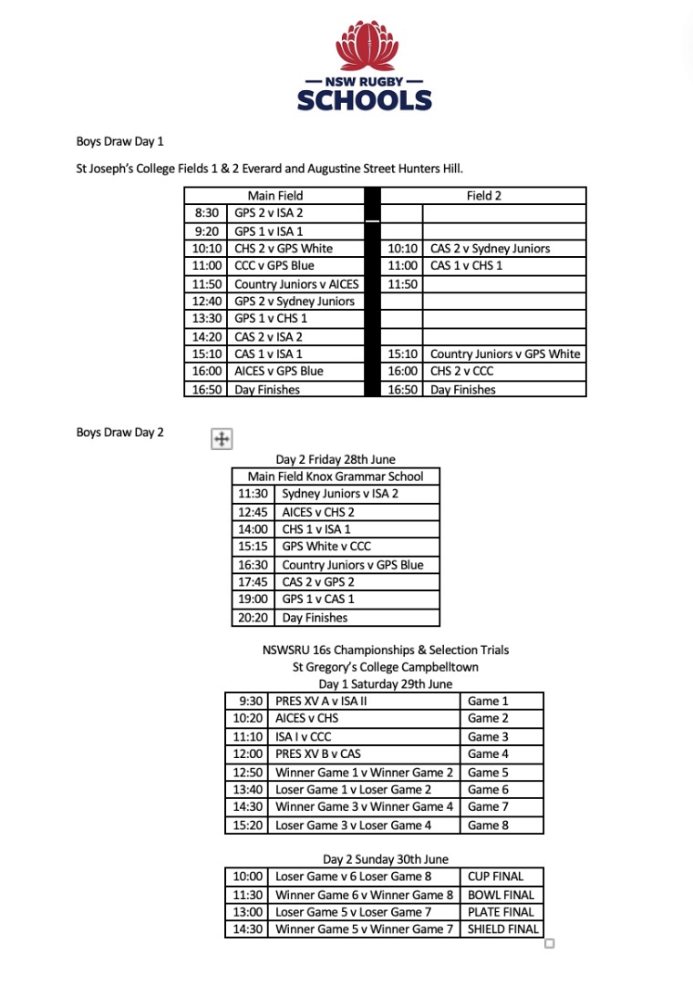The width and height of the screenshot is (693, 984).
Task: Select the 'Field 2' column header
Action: pos(484,195)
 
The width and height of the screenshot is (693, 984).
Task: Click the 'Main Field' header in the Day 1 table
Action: pos(274,195)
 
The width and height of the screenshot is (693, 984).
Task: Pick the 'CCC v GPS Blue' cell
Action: pos(274,265)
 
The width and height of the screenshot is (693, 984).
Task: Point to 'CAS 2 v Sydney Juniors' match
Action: pos(490,248)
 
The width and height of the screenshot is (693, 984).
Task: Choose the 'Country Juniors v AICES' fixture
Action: pos(296,283)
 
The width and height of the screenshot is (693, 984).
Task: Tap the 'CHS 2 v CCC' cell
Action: pos(468,371)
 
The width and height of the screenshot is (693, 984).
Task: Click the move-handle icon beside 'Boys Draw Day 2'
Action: pos(221,439)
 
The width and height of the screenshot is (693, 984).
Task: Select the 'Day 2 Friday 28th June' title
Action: pos(336,459)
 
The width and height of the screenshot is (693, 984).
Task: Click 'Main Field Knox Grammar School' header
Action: pos(336,476)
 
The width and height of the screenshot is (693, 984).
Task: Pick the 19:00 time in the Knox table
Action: pos(253,600)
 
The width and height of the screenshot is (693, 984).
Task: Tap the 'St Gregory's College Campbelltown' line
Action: pos(385,667)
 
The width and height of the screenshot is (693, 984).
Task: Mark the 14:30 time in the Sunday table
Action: pos(248,928)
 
